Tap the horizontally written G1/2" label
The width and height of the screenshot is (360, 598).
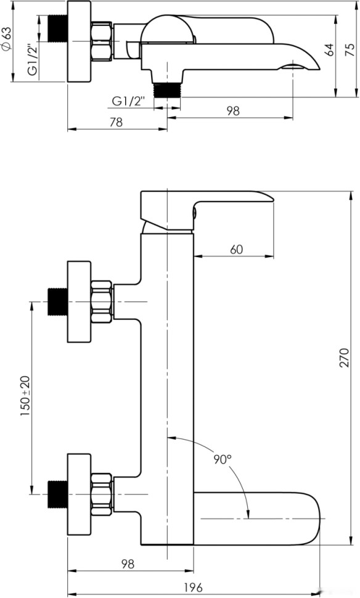(128, 100)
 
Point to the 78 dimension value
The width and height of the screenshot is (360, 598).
(116, 122)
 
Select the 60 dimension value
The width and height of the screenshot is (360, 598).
(236, 249)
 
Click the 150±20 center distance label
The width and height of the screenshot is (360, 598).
(26, 398)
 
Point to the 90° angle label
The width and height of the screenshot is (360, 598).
(223, 459)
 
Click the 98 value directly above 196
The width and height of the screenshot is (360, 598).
(127, 564)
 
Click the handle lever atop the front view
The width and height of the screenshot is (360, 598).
(203, 207)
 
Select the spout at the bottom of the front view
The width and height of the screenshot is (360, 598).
(259, 518)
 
